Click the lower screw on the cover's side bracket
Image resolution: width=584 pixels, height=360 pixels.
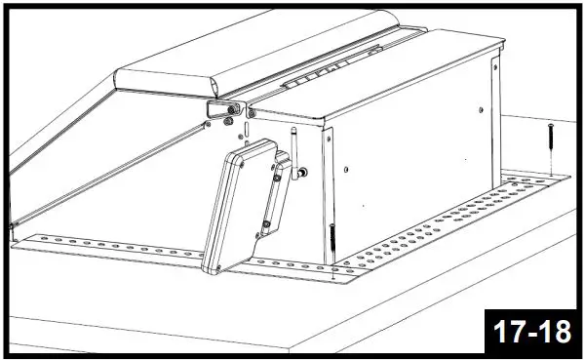point(265,227)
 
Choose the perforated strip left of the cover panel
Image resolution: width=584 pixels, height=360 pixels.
point(107,246)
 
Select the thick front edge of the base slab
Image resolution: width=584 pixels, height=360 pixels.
point(244,337)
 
